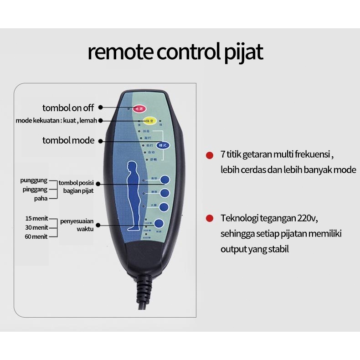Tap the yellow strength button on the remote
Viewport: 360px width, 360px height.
[x=150, y=121]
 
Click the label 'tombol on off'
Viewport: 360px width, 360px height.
[x=68, y=108]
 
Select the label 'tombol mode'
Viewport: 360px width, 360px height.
[x=68, y=140]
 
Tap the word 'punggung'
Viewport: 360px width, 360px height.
[x=34, y=180]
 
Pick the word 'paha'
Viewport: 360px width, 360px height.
[x=41, y=198]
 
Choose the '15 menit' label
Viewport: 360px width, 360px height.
[x=36, y=219]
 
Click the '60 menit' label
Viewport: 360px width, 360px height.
[x=36, y=237]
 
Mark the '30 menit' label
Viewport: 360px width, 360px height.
[x=36, y=227]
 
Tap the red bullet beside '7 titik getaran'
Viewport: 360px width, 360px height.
[x=209, y=155]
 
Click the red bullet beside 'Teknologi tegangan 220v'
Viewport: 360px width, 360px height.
[x=209, y=218]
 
